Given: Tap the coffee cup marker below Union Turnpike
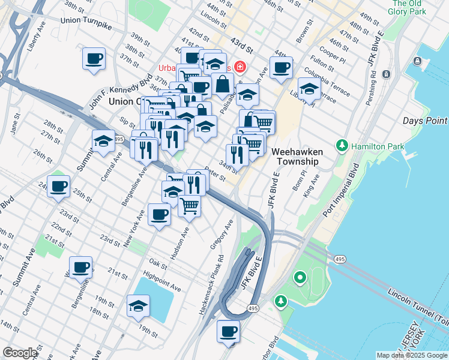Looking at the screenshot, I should click(94, 59).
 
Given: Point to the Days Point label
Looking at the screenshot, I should click(425, 121).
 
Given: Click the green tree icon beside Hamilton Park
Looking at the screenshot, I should click(342, 145).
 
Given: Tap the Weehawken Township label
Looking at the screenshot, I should click(297, 157).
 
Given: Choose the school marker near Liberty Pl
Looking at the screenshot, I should click(309, 90).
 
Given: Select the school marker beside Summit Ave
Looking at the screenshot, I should click(104, 142).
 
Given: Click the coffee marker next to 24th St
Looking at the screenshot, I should click(58, 187).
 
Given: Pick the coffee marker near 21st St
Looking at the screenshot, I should click(80, 268).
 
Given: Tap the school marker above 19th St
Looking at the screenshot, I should click(138, 305).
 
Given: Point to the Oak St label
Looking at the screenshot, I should click(158, 262).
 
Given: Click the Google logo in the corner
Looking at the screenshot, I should click(20, 353).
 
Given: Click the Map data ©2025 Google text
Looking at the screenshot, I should click(411, 355).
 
